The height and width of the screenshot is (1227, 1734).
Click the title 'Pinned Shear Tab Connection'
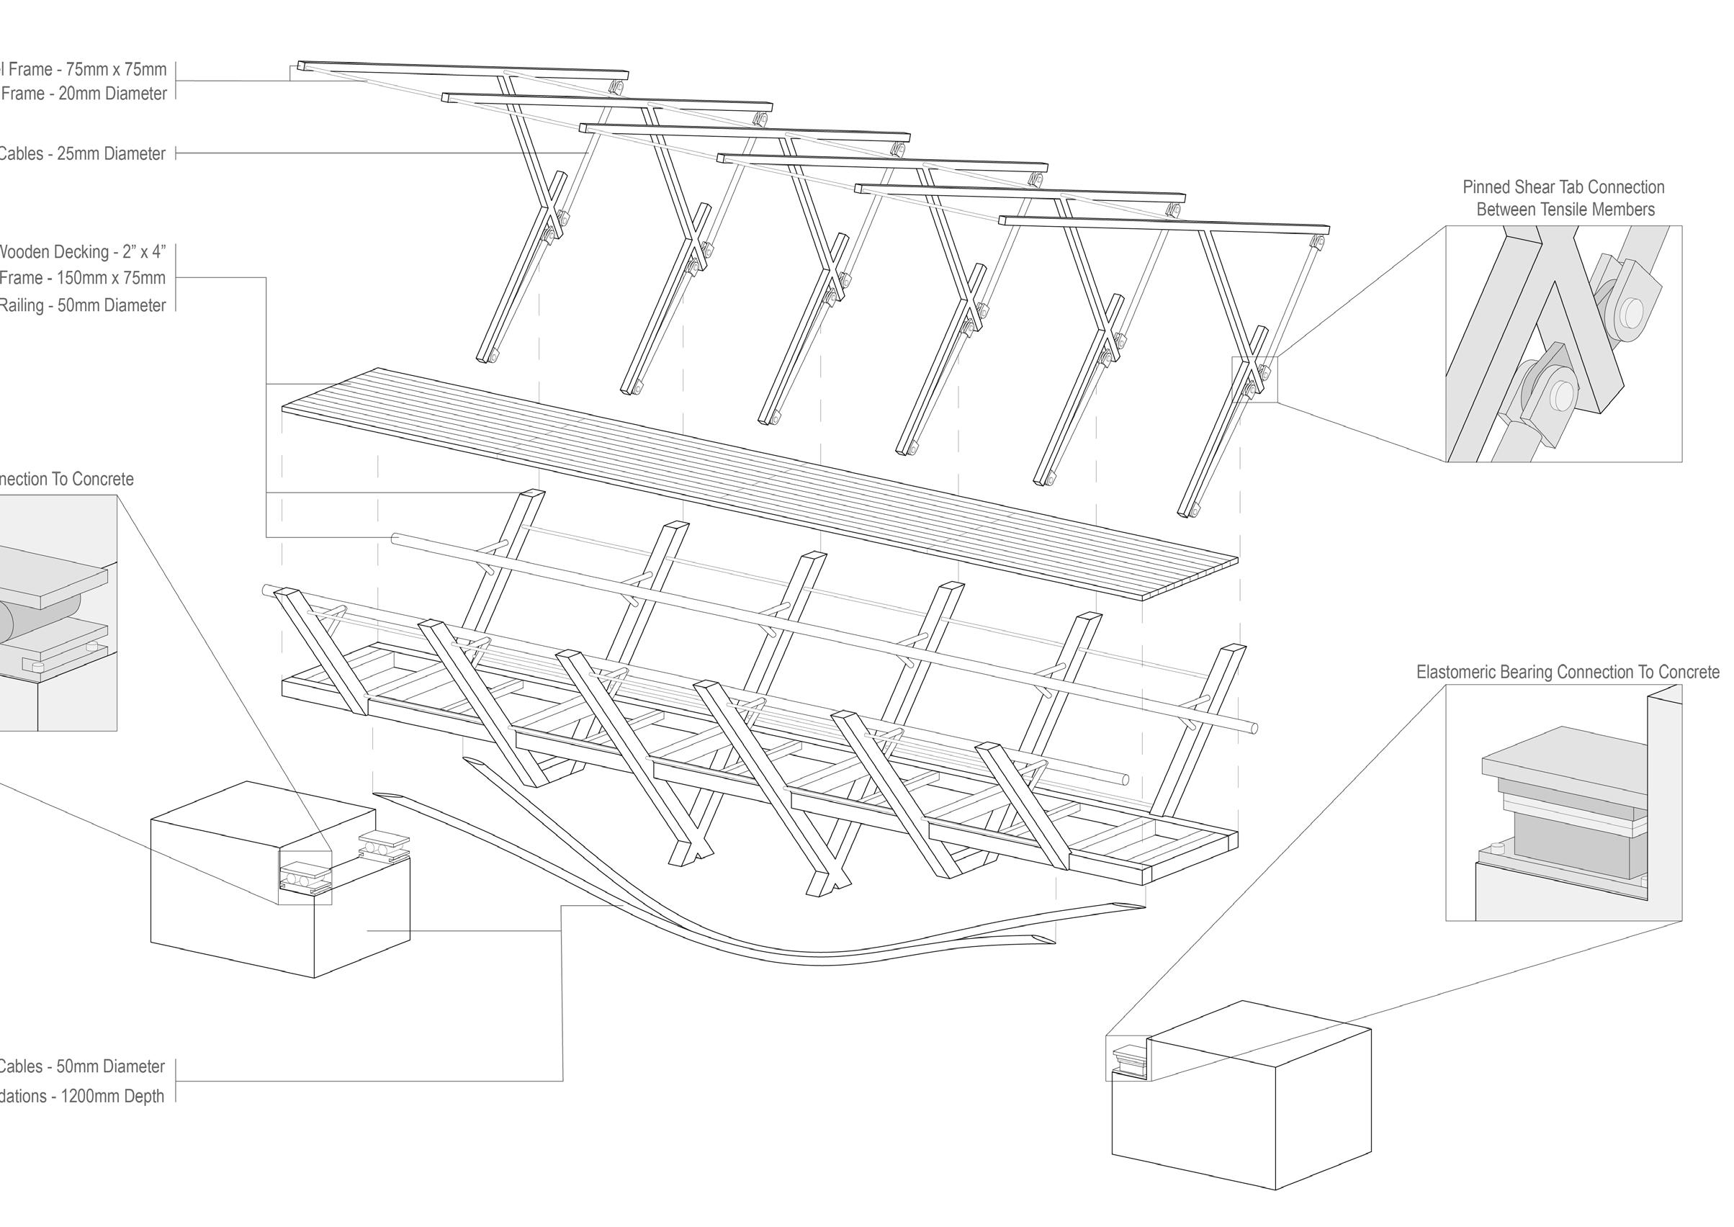pyautogui.click(x=1563, y=186)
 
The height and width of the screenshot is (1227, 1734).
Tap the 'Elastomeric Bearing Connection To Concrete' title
pyautogui.click(x=1568, y=672)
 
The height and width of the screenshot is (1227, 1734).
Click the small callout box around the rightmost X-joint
pyautogui.click(x=1254, y=379)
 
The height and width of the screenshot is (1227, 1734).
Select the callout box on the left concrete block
pyautogui.click(x=305, y=877)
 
